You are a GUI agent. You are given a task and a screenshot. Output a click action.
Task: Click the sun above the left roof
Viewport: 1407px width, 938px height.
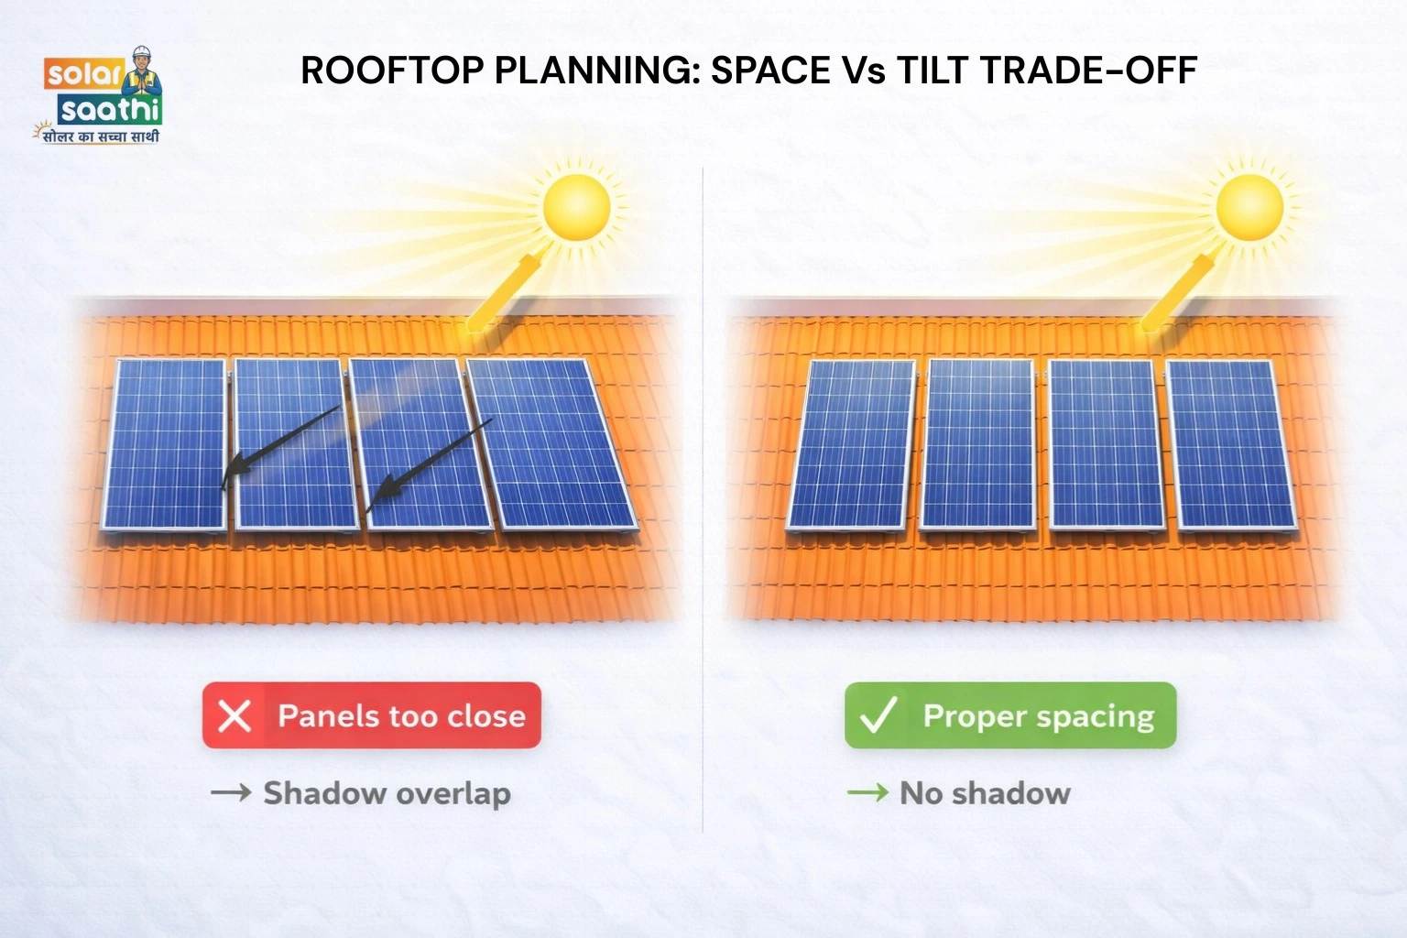point(576,207)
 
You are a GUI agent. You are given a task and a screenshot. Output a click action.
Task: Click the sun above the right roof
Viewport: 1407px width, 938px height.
point(1249,207)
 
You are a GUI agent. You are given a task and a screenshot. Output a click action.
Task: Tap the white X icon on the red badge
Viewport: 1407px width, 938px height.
point(234,715)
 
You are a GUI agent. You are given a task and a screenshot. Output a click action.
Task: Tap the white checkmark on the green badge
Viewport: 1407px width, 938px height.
point(877,715)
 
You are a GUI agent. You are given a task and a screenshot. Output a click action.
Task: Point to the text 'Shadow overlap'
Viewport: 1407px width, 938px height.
point(387,793)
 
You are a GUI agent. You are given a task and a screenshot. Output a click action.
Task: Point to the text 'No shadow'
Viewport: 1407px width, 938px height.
point(985,793)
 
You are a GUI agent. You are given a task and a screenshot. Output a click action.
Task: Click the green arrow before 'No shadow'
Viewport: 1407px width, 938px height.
point(867,792)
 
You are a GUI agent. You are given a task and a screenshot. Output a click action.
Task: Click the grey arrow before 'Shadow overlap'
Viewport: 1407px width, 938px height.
point(231,792)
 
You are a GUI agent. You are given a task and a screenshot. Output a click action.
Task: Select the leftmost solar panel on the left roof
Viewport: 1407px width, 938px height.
point(165,444)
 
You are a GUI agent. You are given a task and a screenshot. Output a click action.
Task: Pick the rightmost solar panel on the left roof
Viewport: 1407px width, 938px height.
point(551,444)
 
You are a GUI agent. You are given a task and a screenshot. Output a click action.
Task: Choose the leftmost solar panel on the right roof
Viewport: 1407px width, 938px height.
point(852,444)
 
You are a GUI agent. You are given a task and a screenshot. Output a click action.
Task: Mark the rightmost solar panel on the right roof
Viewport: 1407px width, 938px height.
point(1230,444)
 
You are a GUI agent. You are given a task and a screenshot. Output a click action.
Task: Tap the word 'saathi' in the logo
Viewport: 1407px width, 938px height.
point(110,111)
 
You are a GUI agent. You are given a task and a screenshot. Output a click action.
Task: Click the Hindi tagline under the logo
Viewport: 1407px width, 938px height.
point(99,136)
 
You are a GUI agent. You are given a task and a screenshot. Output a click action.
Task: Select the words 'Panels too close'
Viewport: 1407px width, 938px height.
point(401,715)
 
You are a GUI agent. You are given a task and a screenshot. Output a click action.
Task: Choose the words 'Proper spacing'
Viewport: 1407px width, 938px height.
point(1039,715)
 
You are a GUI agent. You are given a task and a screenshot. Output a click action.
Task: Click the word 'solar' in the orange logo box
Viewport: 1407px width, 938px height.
point(83,74)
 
